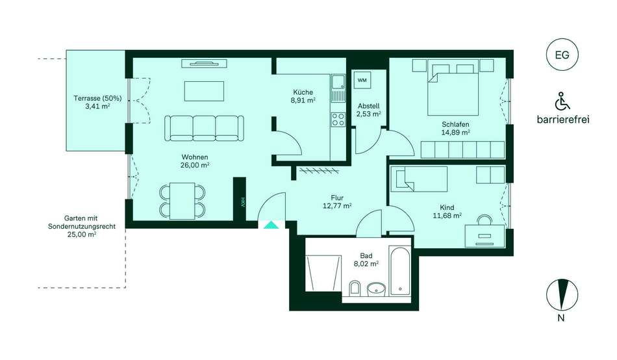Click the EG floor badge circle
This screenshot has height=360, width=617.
click(x=562, y=55)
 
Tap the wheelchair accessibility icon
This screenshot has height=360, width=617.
click(x=562, y=101)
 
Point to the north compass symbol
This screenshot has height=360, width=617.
click(x=562, y=294)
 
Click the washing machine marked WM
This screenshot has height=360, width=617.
click(x=362, y=81)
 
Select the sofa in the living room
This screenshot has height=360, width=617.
click(x=204, y=128)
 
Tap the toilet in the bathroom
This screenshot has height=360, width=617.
click(x=355, y=289)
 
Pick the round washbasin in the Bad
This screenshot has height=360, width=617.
click(x=377, y=290)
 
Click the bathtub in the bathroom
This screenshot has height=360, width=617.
click(x=400, y=271)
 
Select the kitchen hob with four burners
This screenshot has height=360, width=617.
click(x=338, y=120)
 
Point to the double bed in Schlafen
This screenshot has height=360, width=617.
click(x=453, y=88)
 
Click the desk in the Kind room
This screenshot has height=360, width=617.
click(x=485, y=236)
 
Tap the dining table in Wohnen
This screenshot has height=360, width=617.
click(x=183, y=201)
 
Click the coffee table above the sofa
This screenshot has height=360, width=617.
click(x=204, y=91)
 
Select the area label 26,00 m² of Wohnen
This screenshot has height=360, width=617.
click(x=195, y=166)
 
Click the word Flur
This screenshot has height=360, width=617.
click(x=337, y=198)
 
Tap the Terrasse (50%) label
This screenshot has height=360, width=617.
click(x=97, y=98)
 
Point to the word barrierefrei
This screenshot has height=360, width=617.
click(x=563, y=120)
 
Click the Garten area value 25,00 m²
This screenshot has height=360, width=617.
click(x=82, y=235)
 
